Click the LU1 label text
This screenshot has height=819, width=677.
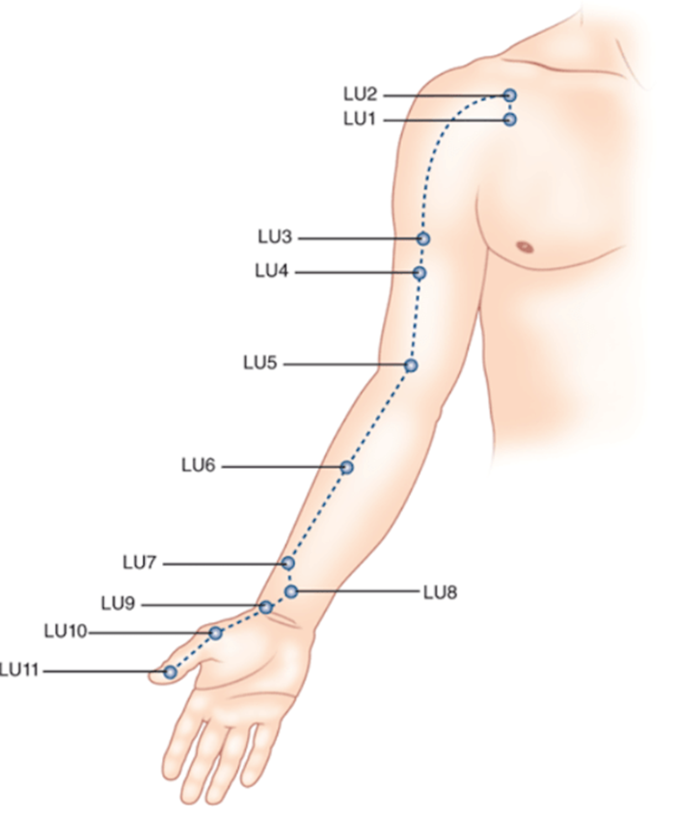360,120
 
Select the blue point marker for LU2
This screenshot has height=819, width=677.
509,96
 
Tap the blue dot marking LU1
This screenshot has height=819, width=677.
509,120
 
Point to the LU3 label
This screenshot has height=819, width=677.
275,237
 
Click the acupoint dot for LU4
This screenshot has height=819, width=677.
420,273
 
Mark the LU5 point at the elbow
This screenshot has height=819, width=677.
411,366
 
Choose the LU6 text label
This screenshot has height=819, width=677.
199,466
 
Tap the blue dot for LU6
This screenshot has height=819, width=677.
346,467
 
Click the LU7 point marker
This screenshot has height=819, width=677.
287,562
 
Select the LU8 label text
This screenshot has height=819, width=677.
440,591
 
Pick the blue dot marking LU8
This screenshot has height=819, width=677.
290,591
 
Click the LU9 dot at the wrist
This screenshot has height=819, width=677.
265,607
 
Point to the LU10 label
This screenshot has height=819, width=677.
66,632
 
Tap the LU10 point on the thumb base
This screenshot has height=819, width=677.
216,633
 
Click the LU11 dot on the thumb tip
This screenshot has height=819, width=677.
170,671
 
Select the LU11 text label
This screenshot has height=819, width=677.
19,670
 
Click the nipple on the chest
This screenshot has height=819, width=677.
525,246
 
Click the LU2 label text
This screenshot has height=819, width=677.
360,95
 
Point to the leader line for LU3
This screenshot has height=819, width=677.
357,238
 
